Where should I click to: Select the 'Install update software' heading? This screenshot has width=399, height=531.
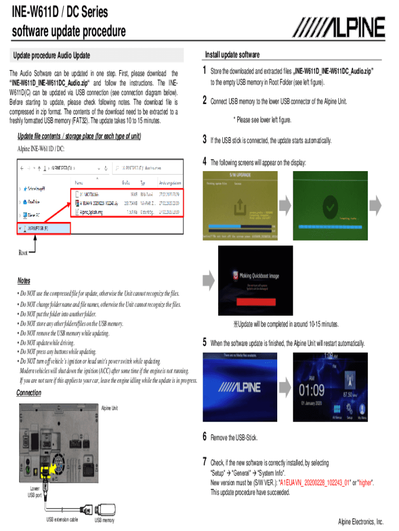[232, 55]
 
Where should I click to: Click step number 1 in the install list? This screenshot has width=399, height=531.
[205, 71]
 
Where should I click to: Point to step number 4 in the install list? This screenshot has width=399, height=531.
[205, 162]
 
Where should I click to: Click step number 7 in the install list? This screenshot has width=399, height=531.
[205, 462]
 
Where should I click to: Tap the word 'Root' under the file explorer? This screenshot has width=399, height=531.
[23, 253]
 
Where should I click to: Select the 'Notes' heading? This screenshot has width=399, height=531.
[24, 281]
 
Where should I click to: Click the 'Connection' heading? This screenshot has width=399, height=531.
[28, 393]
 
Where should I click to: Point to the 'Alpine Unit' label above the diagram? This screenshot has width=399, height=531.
[109, 408]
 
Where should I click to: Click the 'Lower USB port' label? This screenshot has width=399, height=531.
[35, 492]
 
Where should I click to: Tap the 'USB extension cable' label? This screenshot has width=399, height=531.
[62, 520]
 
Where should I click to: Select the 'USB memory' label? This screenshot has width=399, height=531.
[104, 520]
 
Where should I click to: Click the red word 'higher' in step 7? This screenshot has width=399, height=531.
[365, 482]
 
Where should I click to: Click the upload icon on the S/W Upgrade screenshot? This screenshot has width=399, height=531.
[239, 208]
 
